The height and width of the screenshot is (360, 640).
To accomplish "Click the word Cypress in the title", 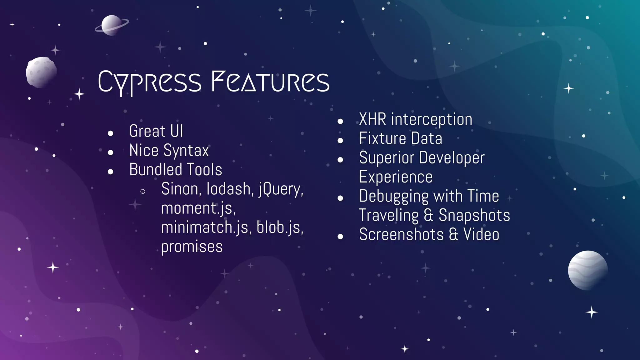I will coord(149,82).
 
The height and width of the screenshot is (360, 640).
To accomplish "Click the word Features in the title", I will coord(270,82).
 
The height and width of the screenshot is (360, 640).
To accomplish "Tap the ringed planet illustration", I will coord(111,26).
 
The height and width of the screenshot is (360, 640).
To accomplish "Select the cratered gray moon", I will coord(41,72).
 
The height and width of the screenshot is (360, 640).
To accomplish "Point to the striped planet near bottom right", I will coord(587,270).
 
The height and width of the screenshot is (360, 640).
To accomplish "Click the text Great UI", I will coord(156,131).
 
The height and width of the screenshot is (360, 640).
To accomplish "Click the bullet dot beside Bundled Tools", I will coord(110,172).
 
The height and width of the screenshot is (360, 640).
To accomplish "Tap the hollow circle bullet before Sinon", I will coord(143,191).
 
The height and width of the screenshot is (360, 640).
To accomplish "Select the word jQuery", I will coord(281,189).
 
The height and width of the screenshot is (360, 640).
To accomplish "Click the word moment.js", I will coord(198,208).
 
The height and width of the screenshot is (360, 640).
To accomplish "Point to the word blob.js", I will coord(280,227).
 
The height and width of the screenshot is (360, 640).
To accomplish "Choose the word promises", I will coord(192,247).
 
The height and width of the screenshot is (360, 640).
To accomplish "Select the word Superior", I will coord(386,158).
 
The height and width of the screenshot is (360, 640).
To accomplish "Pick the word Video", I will coord(481,235).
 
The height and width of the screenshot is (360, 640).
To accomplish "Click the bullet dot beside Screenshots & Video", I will coord(340,237).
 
